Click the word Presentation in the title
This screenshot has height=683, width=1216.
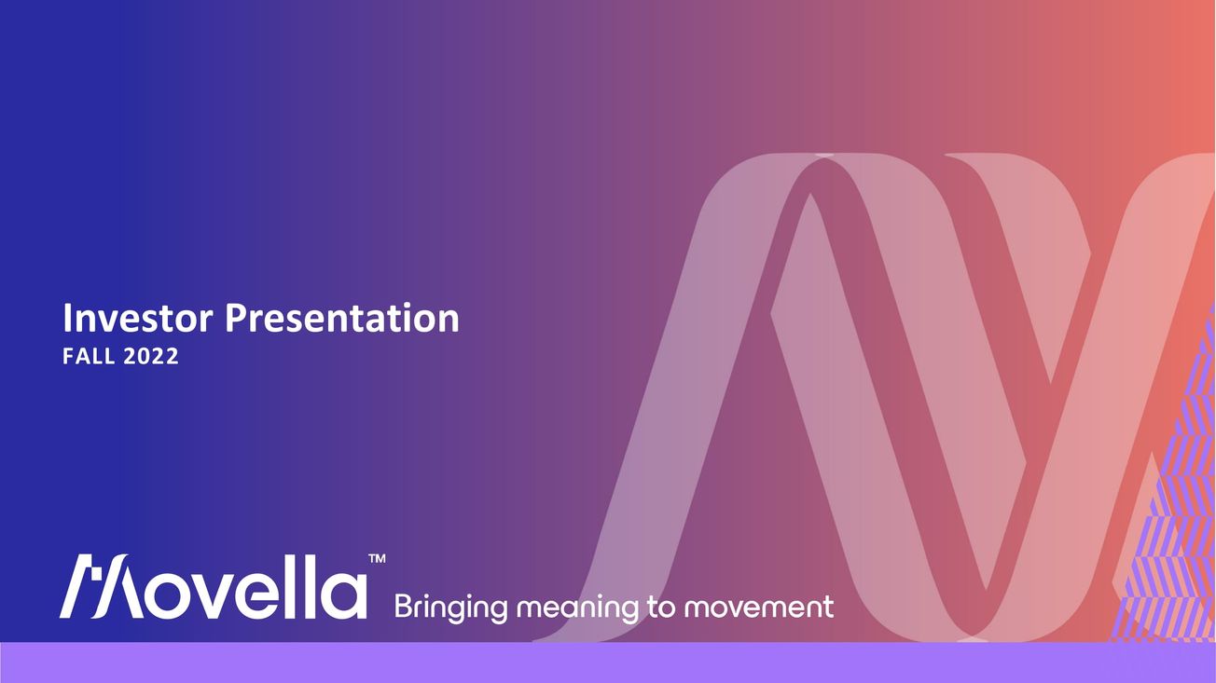pos(342,319)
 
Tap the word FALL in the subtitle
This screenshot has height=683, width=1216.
pos(89,357)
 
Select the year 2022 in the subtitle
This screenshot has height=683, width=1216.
pos(151,357)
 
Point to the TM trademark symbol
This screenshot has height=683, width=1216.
pos(378,558)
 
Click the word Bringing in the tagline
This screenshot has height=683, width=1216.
pos(450,608)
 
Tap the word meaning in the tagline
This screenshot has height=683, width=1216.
pos(577,608)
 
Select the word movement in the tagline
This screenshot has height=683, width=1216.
pos(758,608)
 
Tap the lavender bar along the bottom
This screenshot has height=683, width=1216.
pos(608,663)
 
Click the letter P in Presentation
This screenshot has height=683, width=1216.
pos(236,319)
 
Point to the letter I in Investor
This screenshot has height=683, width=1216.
pos(67,319)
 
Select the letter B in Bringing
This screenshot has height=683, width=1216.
pos(404,607)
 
